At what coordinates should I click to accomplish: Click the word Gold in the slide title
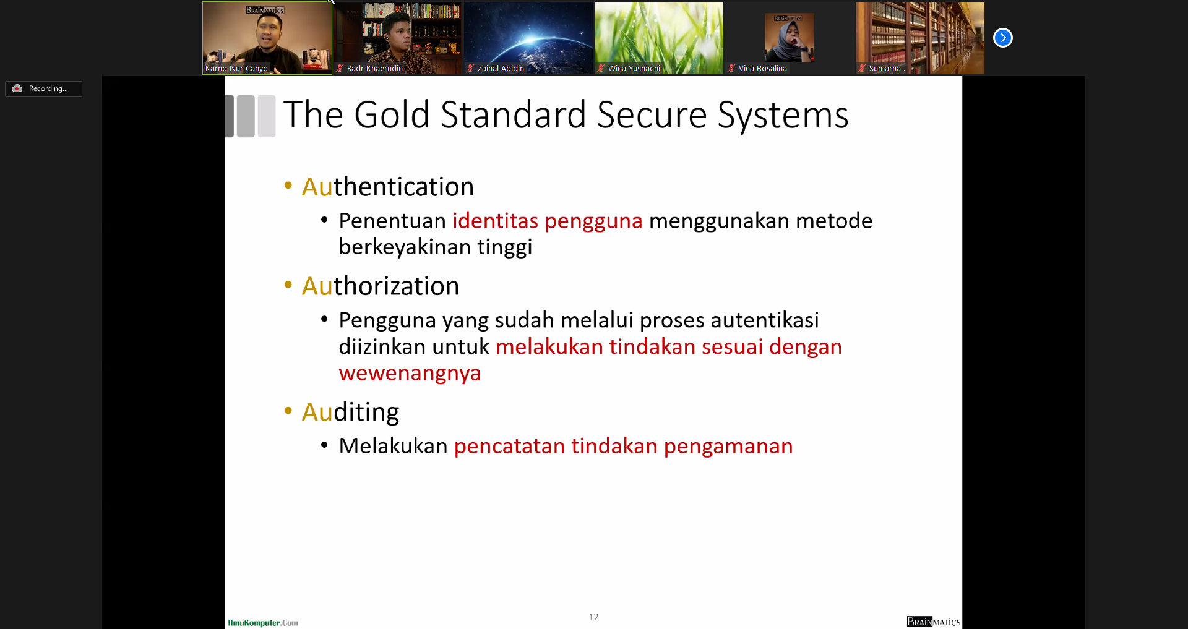pos(392,115)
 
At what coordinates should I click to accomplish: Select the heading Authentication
pos(388,187)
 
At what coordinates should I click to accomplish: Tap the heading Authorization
pos(381,286)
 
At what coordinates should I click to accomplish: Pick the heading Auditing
pos(350,413)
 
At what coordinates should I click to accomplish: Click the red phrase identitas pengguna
pos(548,221)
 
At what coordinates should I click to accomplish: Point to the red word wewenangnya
pos(410,374)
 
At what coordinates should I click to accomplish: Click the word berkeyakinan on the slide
pos(405,247)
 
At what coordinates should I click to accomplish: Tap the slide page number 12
pos(593,617)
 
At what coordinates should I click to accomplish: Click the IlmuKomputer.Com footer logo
pos(263,623)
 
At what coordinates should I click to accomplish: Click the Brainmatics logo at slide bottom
pos(934,622)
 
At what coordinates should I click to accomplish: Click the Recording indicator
pos(43,88)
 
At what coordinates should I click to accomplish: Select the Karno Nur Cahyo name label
pos(236,69)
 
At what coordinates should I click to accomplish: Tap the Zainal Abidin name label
pos(501,69)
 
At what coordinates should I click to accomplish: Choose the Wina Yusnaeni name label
pos(634,69)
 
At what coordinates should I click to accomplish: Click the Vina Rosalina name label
pos(763,69)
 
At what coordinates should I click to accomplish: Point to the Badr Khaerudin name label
pos(375,69)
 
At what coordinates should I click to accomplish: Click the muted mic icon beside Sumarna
pos(862,68)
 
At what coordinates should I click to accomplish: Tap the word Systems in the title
pos(783,116)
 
